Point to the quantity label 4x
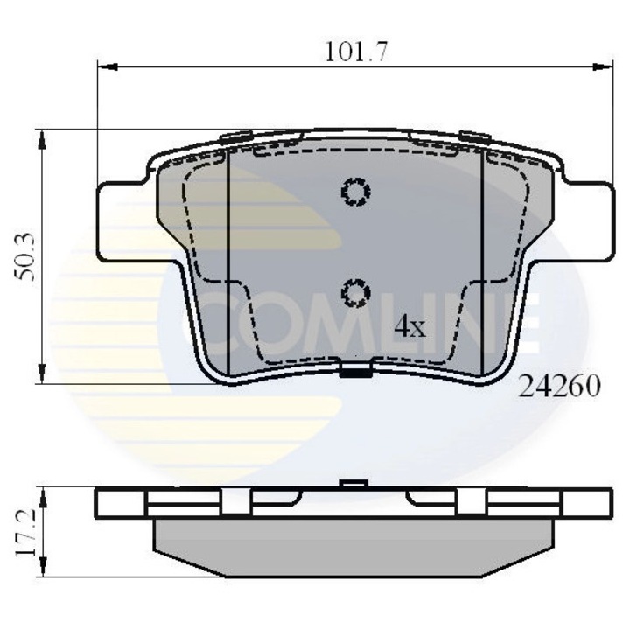tap(409, 327)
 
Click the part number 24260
tap(560, 386)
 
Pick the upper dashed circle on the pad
tap(355, 192)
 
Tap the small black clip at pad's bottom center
tap(354, 373)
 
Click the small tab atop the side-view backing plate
tap(353, 484)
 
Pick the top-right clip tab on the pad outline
tap(474, 136)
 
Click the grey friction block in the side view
tap(354, 548)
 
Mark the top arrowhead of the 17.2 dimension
tap(40, 492)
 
